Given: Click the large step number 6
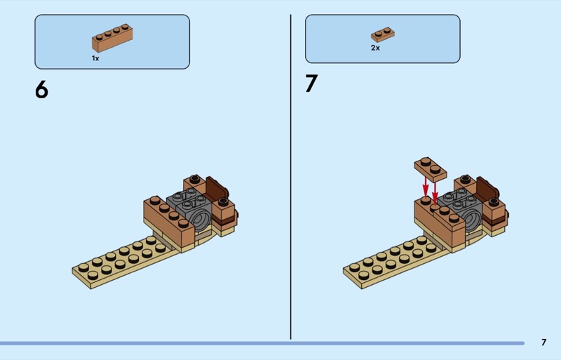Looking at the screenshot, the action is [41, 89].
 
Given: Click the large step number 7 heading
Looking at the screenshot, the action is [311, 84].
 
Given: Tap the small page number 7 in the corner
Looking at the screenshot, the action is [544, 342].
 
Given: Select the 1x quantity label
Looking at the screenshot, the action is [95, 58].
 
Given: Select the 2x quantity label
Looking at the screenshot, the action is [375, 48].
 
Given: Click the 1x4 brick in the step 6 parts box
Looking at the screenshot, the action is [112, 38].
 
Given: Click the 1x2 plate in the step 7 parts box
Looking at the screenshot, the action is [383, 34].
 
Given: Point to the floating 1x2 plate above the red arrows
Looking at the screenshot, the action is [431, 169].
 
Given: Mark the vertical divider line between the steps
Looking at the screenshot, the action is [290, 177].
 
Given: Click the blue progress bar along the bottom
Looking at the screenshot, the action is [262, 343].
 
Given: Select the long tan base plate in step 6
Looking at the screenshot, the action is [126, 261].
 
